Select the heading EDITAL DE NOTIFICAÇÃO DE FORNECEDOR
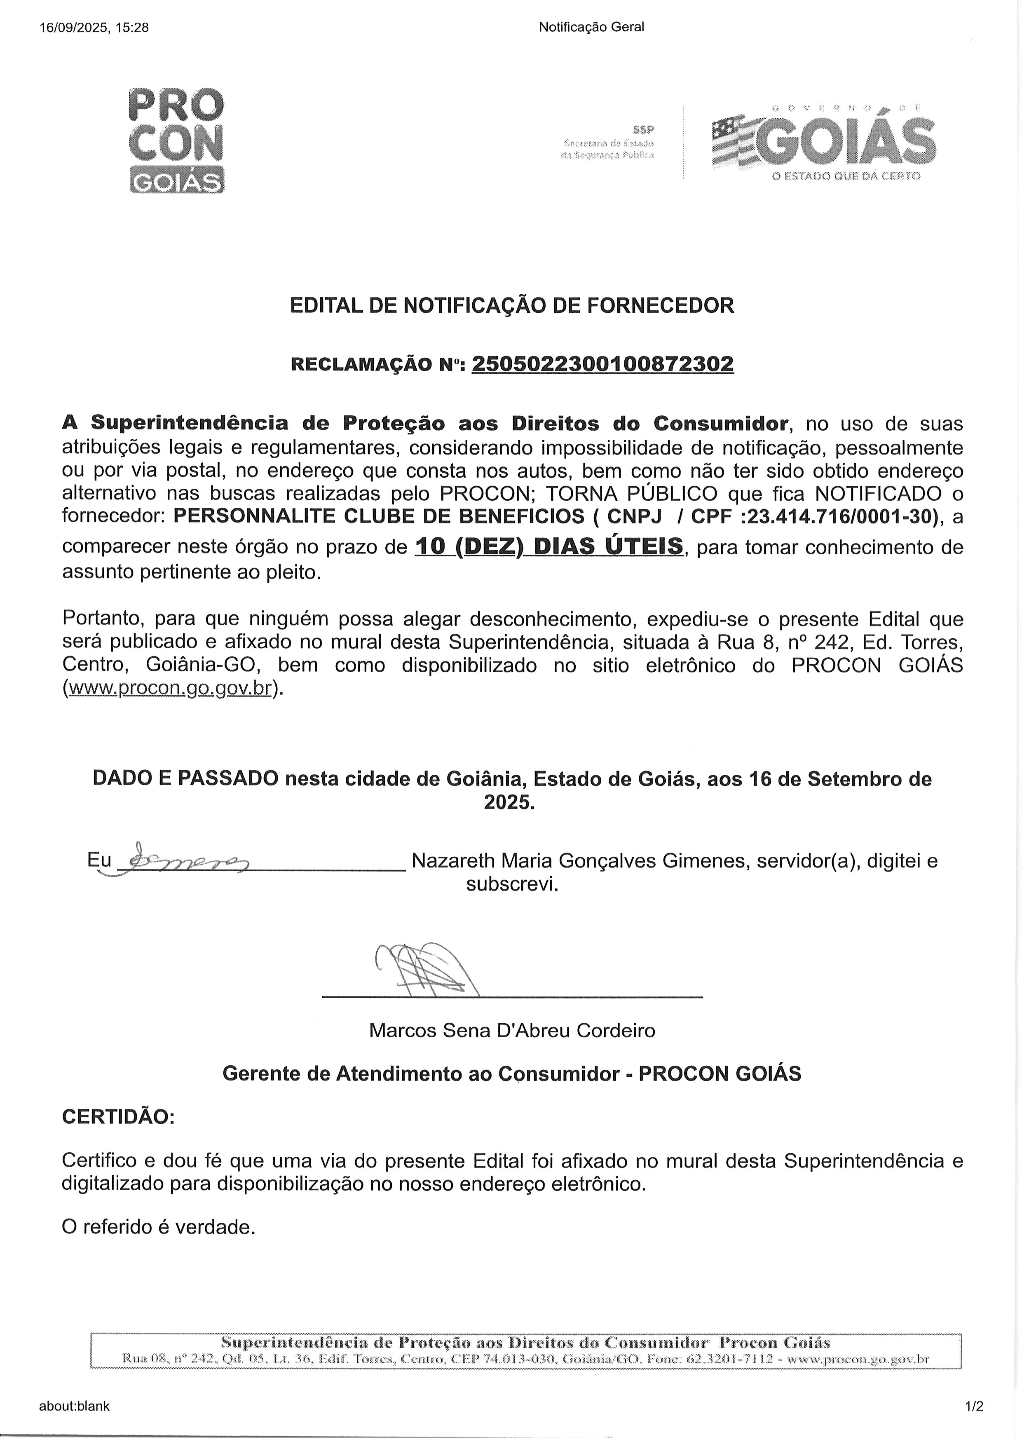pyautogui.click(x=512, y=306)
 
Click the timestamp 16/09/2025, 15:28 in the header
pyautogui.click(x=94, y=27)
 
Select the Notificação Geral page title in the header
pyautogui.click(x=591, y=27)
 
